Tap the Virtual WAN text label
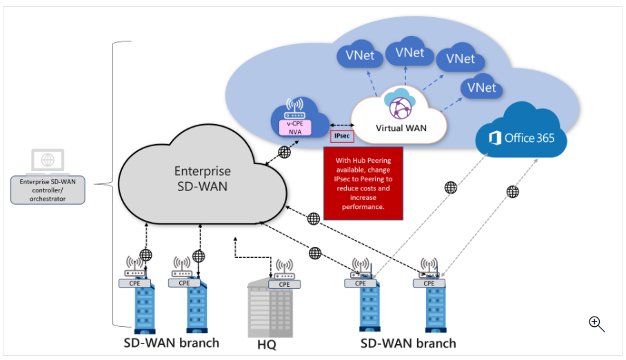click(401, 128)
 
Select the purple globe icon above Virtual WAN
click(400, 107)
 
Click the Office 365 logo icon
click(494, 138)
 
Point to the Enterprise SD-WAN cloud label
click(202, 178)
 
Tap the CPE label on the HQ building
click(283, 283)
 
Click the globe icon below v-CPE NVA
click(284, 152)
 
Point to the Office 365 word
click(529, 138)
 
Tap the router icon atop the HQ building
click(283, 270)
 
